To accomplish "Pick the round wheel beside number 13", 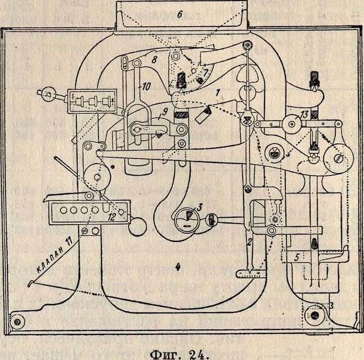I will click(293, 124).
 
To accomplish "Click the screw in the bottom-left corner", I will click(19, 321).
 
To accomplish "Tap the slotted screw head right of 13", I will click(340, 158).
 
